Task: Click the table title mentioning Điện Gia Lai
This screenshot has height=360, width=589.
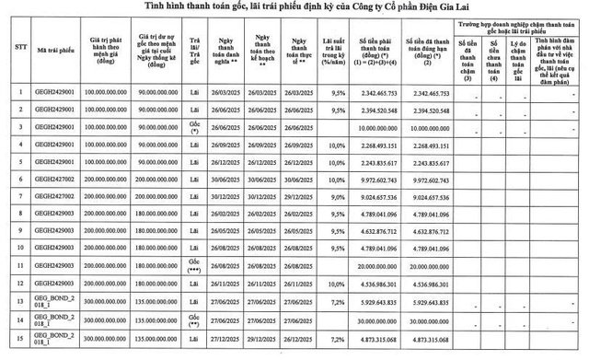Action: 294,8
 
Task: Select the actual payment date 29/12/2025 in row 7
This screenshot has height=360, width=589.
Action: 299,198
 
